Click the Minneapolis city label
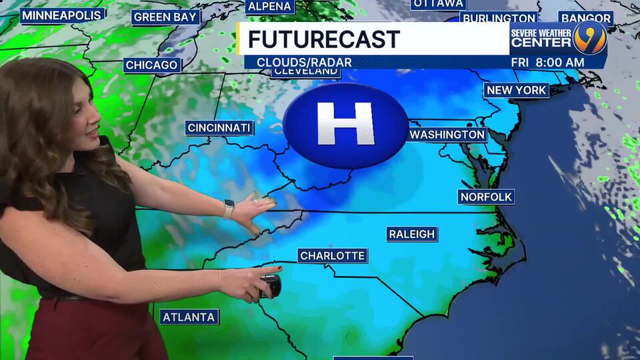coord(62,15)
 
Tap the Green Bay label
coord(165,17)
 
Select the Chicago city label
coord(152,65)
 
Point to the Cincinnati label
coord(219,128)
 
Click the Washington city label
coord(447,135)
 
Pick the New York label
coord(516,90)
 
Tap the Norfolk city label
coord(486,197)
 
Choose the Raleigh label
coord(412,234)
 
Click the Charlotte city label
coord(332,256)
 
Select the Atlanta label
coord(189,317)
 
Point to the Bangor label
coord(585,18)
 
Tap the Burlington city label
coord(499,18)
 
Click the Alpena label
coord(269,7)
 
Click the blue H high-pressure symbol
coord(345,125)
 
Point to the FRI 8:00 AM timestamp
coord(547,62)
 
